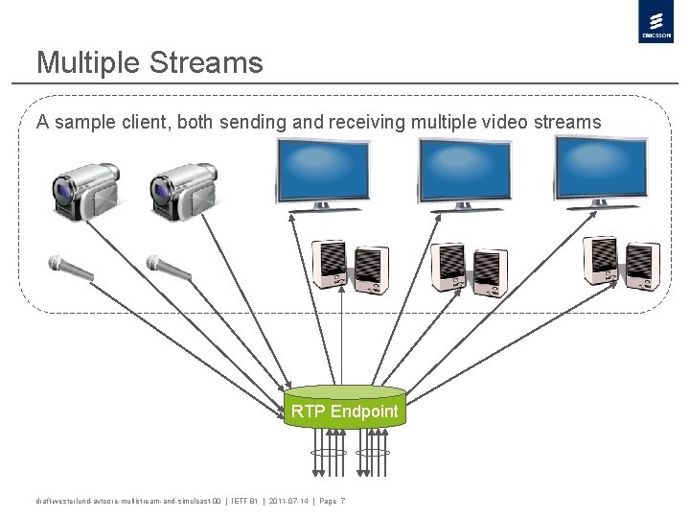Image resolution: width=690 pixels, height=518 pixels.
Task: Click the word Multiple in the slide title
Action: point(89,63)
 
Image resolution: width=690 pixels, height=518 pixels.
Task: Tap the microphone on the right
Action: point(167,268)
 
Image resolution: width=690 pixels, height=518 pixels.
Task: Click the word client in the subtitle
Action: point(134,123)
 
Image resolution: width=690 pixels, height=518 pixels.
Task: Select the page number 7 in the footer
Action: point(342,502)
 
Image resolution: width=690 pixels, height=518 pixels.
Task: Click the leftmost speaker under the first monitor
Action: point(329,265)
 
